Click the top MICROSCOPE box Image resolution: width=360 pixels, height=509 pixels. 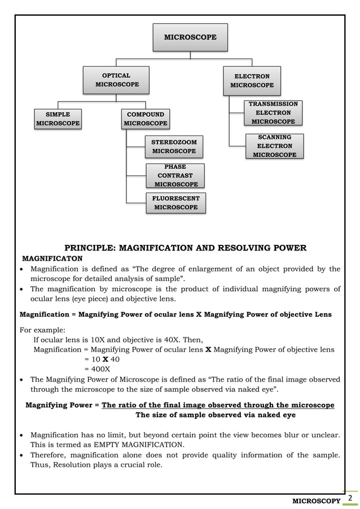(x=190, y=37)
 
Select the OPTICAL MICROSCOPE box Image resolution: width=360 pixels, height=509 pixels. (x=116, y=80)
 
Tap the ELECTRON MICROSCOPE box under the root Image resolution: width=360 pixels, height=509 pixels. (x=252, y=81)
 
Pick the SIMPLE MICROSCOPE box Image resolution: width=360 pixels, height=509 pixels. (x=58, y=119)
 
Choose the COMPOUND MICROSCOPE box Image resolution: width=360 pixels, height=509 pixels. (x=146, y=119)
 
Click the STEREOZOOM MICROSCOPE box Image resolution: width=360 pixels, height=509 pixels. (x=174, y=147)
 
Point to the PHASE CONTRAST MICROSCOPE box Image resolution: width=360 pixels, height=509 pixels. (x=175, y=175)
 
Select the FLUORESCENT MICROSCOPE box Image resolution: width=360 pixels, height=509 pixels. (x=175, y=203)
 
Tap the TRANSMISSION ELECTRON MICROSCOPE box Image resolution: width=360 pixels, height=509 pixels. (x=273, y=113)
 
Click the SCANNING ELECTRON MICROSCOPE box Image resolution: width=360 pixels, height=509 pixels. (x=274, y=146)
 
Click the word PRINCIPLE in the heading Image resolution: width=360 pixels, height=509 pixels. (x=91, y=248)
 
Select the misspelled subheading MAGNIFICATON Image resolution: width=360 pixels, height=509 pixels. (x=52, y=258)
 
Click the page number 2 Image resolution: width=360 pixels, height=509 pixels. (x=350, y=498)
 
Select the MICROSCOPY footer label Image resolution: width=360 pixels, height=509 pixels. (x=315, y=501)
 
